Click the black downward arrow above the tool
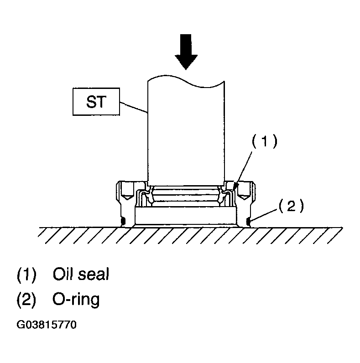pos(186,52)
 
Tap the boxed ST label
pos(96,102)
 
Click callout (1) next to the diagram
pos(264,141)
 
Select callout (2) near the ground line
pos(291,206)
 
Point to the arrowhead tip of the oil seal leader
pos(235,190)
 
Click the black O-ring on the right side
pos(248,222)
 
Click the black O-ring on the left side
pos(123,221)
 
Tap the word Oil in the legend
pos(62,274)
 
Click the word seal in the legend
pos(94,274)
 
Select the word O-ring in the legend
pos(76,300)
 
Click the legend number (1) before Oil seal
pos(26,275)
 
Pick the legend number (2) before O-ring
pos(26,300)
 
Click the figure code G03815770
pos(47,325)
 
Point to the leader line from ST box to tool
pos(134,107)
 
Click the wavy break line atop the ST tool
pos(186,82)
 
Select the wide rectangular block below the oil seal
pos(186,216)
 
